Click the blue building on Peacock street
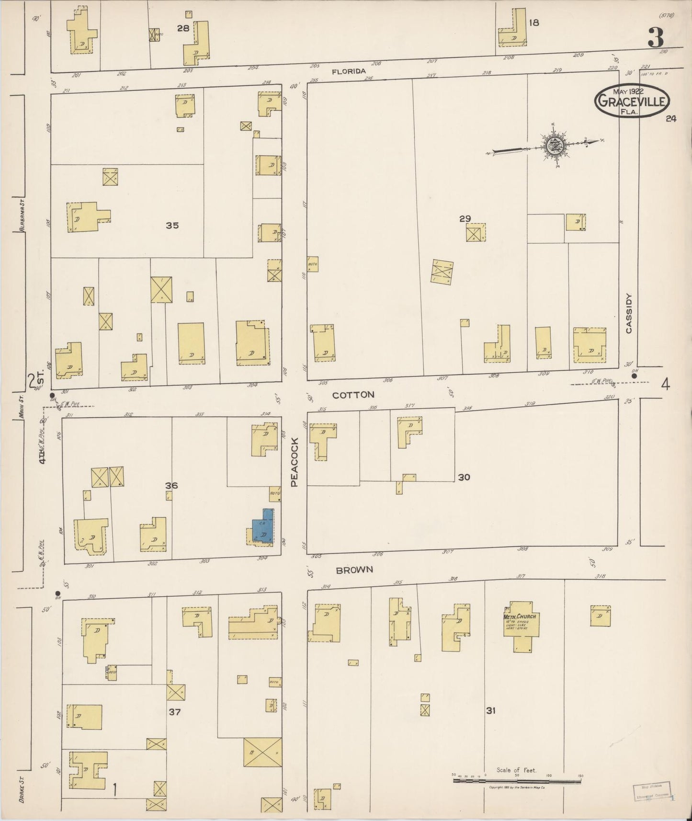click(x=263, y=527)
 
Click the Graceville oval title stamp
click(x=631, y=101)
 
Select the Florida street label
click(x=349, y=71)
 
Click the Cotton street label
click(x=353, y=395)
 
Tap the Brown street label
click(x=354, y=570)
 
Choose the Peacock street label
click(x=295, y=462)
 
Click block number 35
click(x=172, y=225)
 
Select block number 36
click(x=171, y=485)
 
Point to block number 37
click(x=174, y=712)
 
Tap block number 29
click(x=465, y=218)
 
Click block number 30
click(x=464, y=477)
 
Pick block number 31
click(x=490, y=711)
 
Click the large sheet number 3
click(x=656, y=37)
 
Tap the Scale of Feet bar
click(x=517, y=781)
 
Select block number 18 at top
click(x=534, y=23)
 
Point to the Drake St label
click(x=23, y=790)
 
